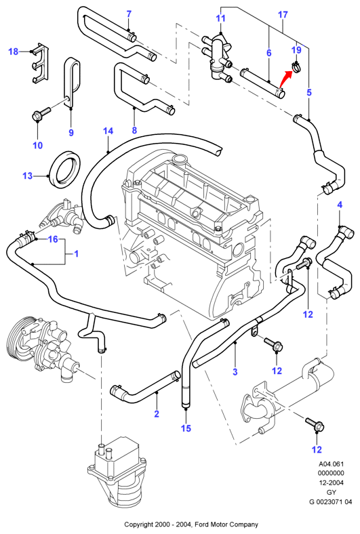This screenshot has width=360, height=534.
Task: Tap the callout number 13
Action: [x=27, y=176]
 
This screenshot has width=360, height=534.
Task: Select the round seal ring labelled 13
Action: [x=65, y=169]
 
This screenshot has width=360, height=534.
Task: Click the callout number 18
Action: [x=13, y=52]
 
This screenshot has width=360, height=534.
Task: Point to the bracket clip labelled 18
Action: [x=41, y=63]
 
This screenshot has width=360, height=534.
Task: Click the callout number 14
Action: [x=108, y=131]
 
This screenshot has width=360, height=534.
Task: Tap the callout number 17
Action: [x=283, y=15]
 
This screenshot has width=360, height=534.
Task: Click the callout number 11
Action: [x=221, y=18]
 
